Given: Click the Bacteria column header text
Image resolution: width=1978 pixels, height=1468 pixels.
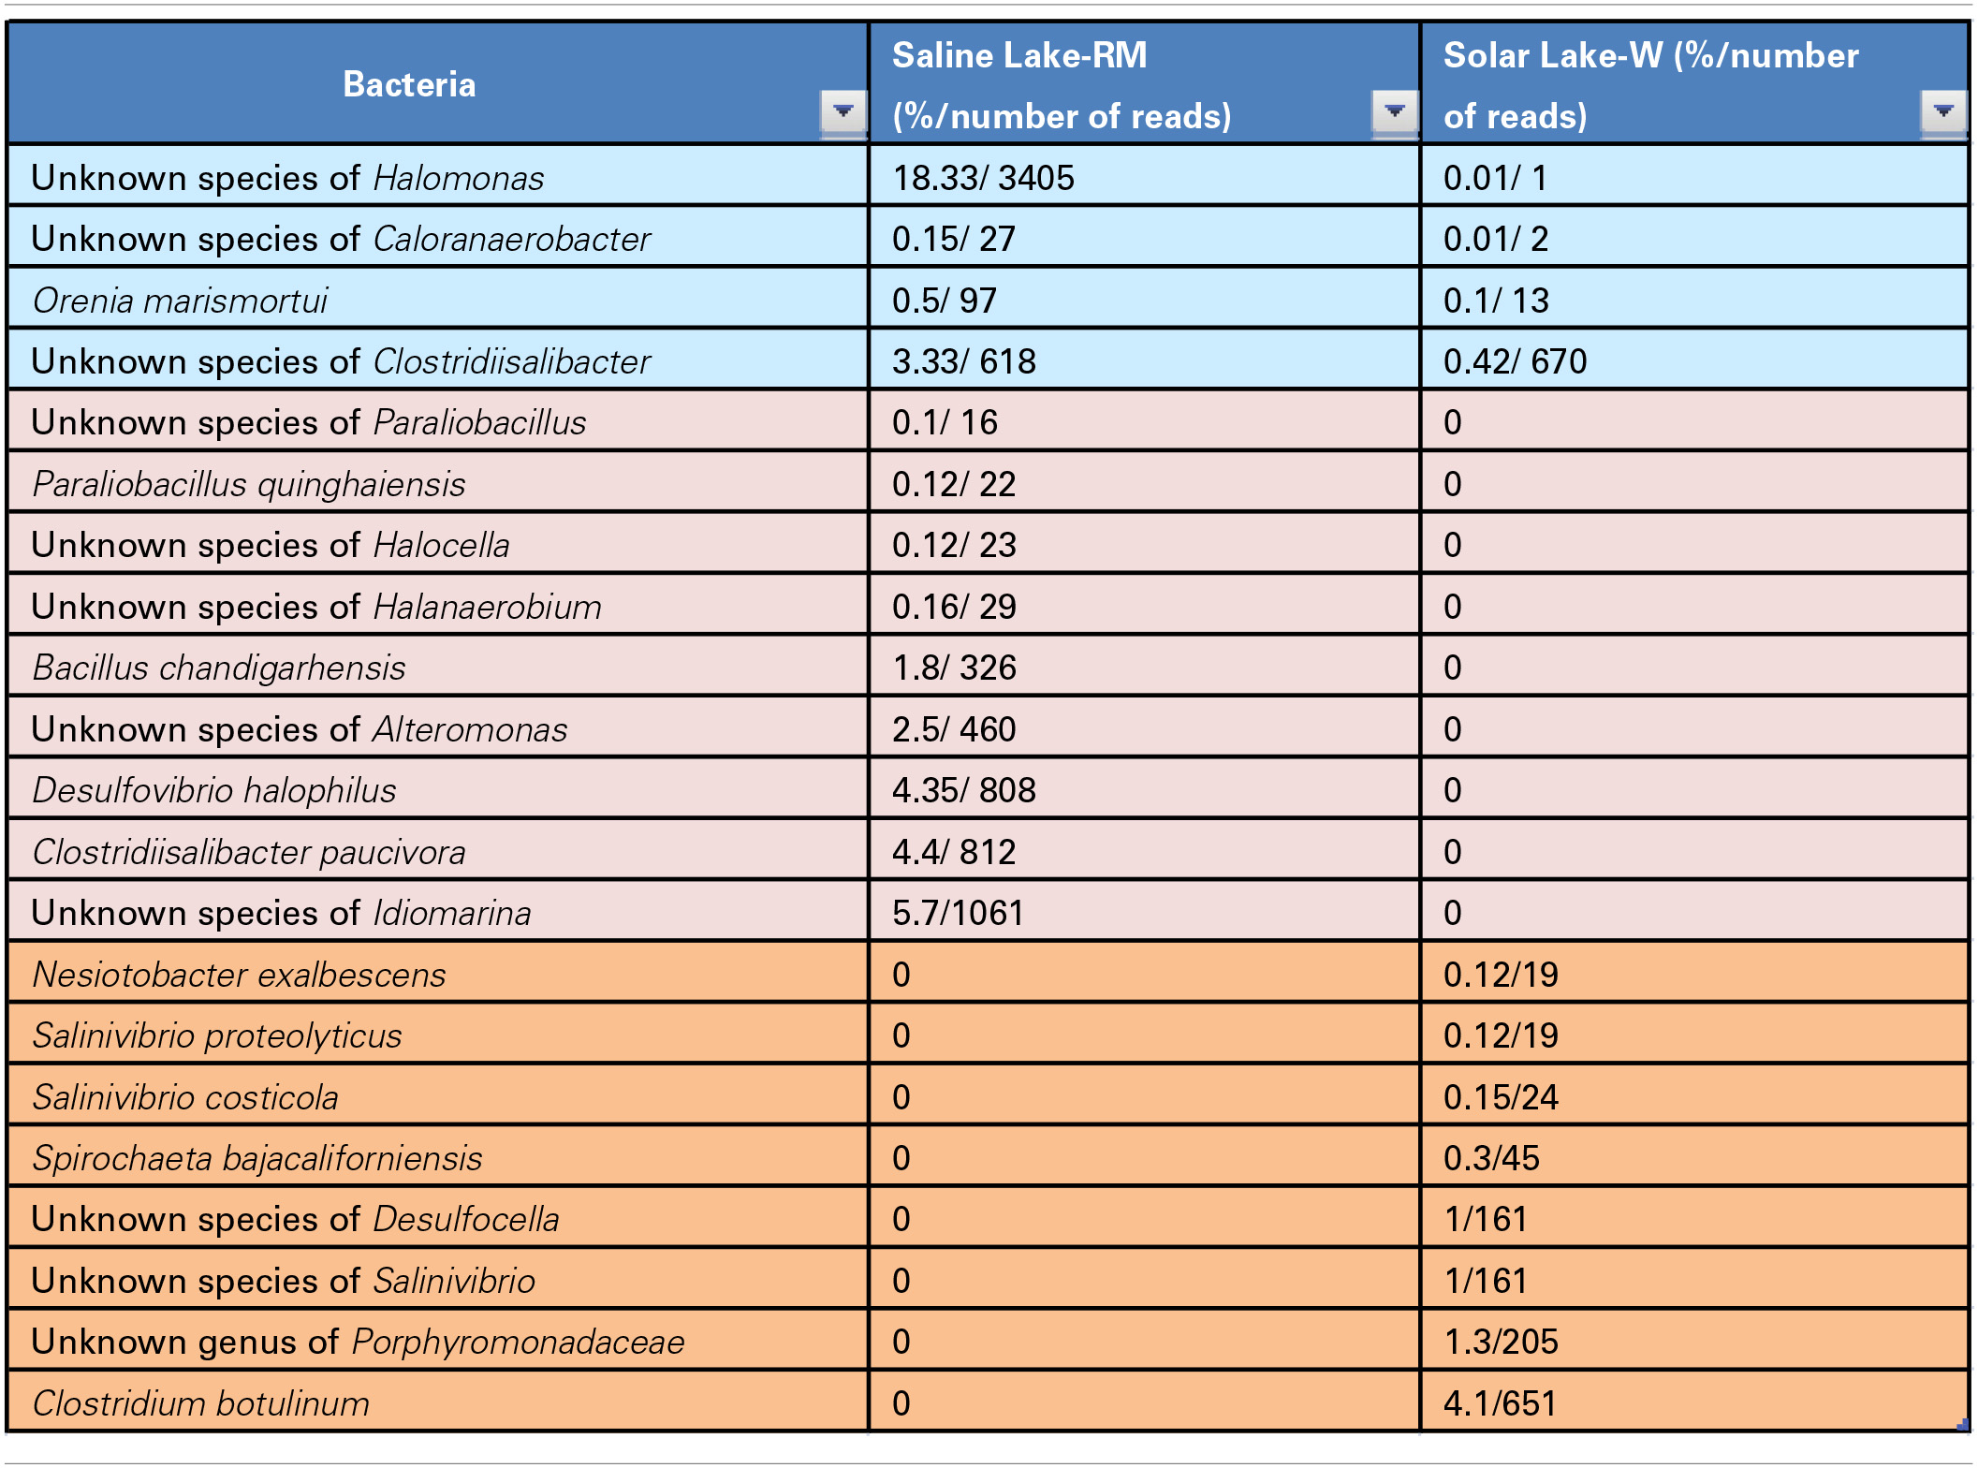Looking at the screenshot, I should [409, 85].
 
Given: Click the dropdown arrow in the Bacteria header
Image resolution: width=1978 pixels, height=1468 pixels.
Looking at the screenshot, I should [842, 111].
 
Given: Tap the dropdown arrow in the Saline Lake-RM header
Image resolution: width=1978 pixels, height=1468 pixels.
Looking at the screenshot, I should [1394, 111].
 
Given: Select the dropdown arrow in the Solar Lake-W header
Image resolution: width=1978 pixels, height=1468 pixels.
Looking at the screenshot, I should [1942, 111].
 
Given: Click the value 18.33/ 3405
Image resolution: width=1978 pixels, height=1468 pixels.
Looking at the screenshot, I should [983, 178].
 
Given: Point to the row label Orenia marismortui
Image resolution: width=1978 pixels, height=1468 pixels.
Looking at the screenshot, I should [180, 301].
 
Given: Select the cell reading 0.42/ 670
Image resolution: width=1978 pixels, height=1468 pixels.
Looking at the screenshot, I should [1515, 361].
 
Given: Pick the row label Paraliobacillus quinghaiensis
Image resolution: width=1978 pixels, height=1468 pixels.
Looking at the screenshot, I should [249, 484].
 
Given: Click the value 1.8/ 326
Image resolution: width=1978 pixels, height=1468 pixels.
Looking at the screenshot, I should [954, 668].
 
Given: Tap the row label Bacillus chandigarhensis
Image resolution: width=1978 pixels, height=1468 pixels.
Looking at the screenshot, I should [219, 668].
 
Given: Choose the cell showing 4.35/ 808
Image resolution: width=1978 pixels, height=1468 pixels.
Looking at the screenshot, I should [963, 790].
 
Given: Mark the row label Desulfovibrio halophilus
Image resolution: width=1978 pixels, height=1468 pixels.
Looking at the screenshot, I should [214, 790].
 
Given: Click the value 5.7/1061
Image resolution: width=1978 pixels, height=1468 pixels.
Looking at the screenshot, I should [958, 913].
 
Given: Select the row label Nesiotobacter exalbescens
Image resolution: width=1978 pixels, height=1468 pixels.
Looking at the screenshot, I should [240, 975].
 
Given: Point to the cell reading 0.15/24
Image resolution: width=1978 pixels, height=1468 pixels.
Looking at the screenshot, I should [1501, 1097].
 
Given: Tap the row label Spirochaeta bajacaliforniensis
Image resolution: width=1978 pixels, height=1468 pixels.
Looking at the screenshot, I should [257, 1158].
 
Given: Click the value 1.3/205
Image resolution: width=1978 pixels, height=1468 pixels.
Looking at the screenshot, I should [1501, 1342].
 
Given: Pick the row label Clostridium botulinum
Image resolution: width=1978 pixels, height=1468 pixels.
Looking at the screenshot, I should [201, 1403].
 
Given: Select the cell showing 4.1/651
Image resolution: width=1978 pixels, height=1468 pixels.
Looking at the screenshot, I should [1500, 1403].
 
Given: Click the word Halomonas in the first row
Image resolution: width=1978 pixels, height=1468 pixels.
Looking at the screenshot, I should [459, 178].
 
